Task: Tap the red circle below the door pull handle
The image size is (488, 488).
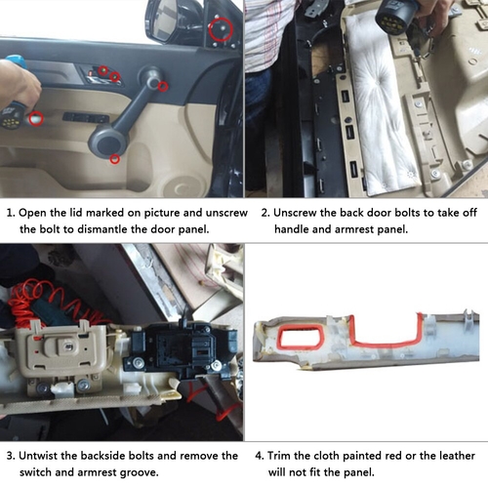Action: pos(114,159)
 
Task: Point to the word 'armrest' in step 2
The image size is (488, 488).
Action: pos(354,229)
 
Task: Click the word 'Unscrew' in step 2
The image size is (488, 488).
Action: pos(295,213)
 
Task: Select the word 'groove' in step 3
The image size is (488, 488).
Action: pos(139,472)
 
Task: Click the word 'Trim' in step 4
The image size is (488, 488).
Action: pos(279,456)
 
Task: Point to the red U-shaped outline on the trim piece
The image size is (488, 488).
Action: pos(386,343)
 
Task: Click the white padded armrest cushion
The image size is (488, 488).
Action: pos(378,104)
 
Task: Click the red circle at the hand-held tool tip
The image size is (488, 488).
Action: pos(36,119)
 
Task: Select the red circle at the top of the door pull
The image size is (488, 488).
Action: pos(163,86)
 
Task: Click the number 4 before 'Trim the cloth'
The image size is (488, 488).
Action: pos(259,456)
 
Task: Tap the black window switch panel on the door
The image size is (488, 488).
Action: pos(86,117)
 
